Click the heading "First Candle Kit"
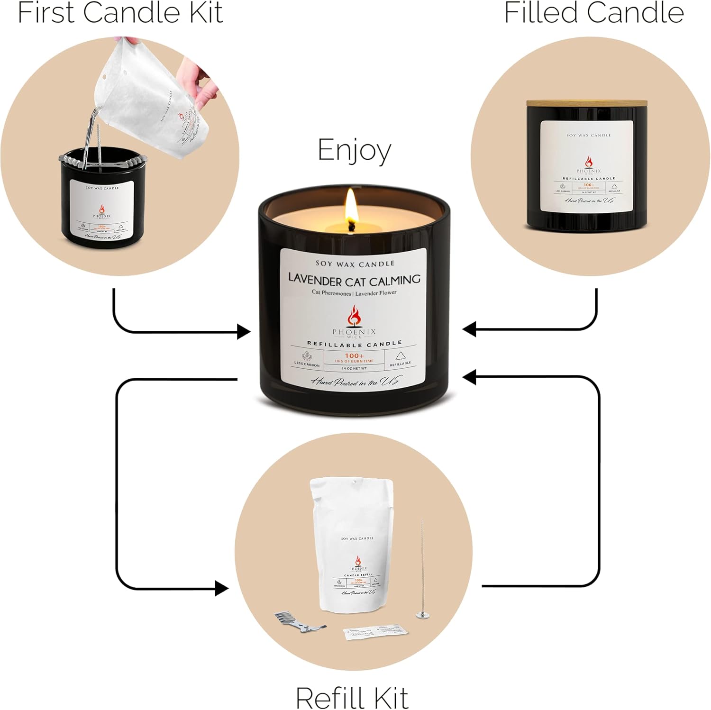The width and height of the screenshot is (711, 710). coord(120,13)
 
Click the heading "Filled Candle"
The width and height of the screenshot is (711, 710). coord(593,13)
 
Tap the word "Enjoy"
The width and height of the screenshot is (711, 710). coord(354,151)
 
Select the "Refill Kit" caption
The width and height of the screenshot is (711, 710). coord(352,697)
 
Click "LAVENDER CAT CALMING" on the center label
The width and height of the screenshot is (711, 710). coord(354,280)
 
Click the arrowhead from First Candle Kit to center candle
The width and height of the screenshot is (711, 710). coord(244,332)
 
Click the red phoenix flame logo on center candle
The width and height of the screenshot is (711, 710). coord(354,316)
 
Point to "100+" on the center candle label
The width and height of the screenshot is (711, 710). coord(354,356)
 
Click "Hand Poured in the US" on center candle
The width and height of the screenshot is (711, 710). coord(354,382)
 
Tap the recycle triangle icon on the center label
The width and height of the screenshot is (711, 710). coord(400,356)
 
